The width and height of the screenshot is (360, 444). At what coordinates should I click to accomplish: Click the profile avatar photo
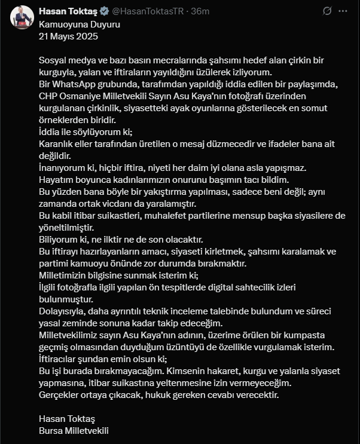(x=22, y=16)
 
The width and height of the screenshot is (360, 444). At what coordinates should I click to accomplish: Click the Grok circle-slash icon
(x=327, y=11)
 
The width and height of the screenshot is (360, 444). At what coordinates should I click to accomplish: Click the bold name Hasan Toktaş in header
(x=66, y=11)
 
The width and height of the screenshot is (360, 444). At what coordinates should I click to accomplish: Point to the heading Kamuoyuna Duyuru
(x=71, y=25)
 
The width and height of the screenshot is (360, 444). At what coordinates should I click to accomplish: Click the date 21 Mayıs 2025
(x=68, y=36)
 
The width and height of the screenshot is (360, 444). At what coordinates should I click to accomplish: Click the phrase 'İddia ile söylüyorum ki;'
(x=86, y=131)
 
